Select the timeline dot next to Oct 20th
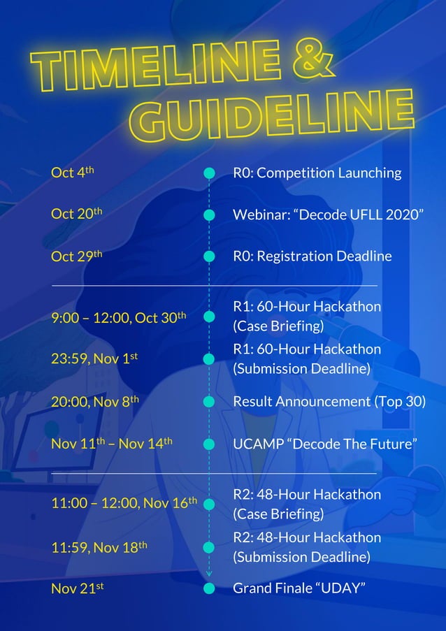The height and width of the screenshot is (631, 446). tap(208, 215)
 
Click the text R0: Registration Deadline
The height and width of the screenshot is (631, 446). tap(312, 256)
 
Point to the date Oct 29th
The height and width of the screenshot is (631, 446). tap(77, 256)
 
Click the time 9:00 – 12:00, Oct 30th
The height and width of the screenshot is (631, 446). tap(119, 317)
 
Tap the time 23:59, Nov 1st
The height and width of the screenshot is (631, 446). tap(94, 359)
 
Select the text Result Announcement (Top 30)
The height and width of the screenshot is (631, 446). tap(329, 402)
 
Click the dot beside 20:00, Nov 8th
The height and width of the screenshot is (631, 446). tap(208, 402)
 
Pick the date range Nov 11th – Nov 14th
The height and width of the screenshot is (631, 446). tap(112, 444)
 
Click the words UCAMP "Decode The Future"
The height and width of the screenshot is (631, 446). tap(325, 444)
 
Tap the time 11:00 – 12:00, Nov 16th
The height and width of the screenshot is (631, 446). tap(124, 503)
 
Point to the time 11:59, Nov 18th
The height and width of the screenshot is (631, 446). tap(99, 548)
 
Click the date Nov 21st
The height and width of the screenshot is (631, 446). tap(77, 588)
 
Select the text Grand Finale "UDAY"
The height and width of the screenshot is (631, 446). tap(299, 588)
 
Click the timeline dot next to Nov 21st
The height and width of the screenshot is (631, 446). tap(208, 588)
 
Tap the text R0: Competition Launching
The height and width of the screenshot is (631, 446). tap(317, 173)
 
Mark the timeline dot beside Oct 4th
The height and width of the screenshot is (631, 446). tap(208, 173)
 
